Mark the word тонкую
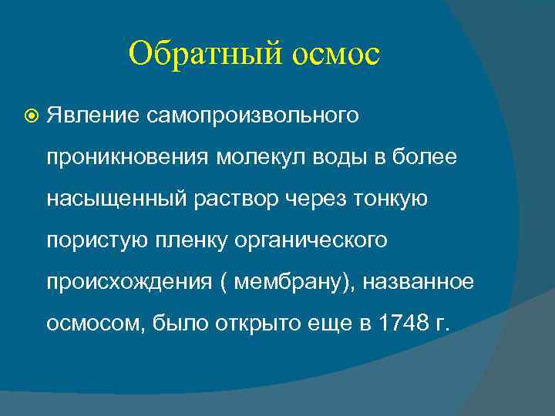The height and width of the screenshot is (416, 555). (x=390, y=199)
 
